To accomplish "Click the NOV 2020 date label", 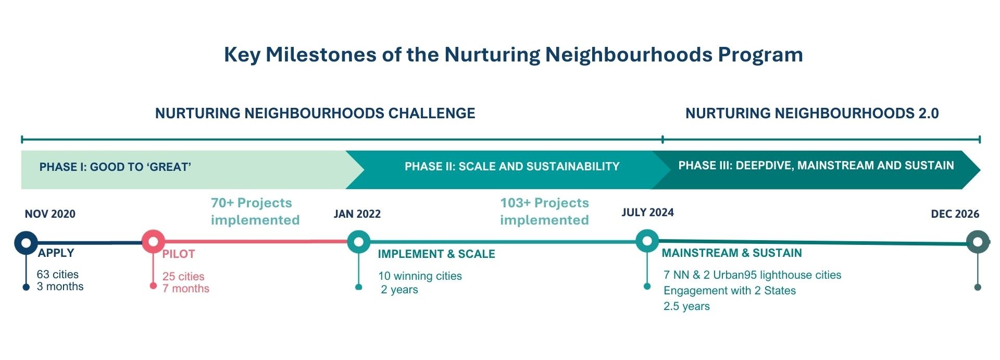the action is [50, 214].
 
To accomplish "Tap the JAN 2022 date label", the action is [357, 214].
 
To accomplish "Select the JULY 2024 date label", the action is [647, 212].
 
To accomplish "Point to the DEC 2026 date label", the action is [955, 214].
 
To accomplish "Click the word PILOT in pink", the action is [179, 254].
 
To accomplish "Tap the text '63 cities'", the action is [58, 275].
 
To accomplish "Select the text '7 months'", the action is [186, 289].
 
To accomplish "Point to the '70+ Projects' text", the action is [252, 203].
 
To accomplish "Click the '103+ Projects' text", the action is [545, 203].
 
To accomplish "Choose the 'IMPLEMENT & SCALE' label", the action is [436, 254].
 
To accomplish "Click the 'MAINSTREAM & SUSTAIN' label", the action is [732, 253].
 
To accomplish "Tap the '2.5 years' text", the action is [686, 306].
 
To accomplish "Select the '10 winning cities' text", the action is [420, 276].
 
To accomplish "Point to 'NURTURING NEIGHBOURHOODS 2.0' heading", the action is [812, 113].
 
